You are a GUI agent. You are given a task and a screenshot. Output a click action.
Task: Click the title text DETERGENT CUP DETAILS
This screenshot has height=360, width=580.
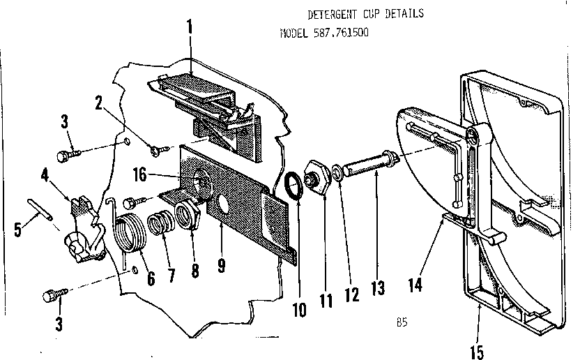tap(365, 14)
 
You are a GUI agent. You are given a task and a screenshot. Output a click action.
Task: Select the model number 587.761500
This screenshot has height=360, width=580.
tap(341, 33)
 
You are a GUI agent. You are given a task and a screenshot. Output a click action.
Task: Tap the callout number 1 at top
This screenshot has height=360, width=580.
tap(190, 27)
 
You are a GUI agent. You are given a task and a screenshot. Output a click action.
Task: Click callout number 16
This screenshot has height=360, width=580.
tap(140, 174)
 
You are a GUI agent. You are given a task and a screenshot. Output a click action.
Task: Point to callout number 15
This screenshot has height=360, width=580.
tap(477, 352)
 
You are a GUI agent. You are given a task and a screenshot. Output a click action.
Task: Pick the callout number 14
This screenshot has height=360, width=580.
tap(415, 285)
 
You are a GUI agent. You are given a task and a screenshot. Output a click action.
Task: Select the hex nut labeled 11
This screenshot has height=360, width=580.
tap(317, 177)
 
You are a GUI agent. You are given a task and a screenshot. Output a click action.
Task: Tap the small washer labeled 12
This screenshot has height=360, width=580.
tap(337, 173)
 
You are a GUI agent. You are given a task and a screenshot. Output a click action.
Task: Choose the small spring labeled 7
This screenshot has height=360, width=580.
tap(160, 224)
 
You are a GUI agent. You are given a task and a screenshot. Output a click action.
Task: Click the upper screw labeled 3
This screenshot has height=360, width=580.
tap(68, 155)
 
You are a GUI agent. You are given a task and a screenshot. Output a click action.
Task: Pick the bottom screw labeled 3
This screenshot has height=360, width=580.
tap(55, 295)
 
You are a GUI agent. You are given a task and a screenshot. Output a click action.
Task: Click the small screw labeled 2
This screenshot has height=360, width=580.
tap(160, 151)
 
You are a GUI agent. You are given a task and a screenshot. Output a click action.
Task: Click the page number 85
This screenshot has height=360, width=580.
tap(402, 322)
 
